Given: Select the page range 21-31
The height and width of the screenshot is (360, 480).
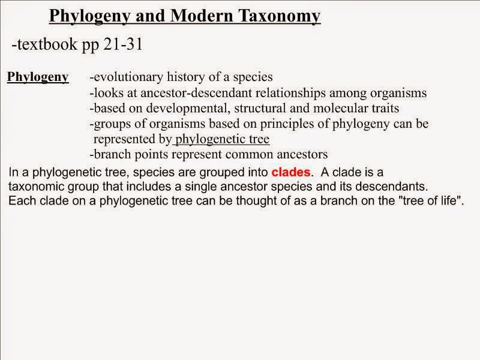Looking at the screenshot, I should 119,45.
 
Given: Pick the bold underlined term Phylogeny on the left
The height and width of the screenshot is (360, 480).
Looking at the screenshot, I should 37,77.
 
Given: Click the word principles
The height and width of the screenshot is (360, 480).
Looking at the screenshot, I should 273,124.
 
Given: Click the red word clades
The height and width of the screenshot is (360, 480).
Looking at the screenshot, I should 292,172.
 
